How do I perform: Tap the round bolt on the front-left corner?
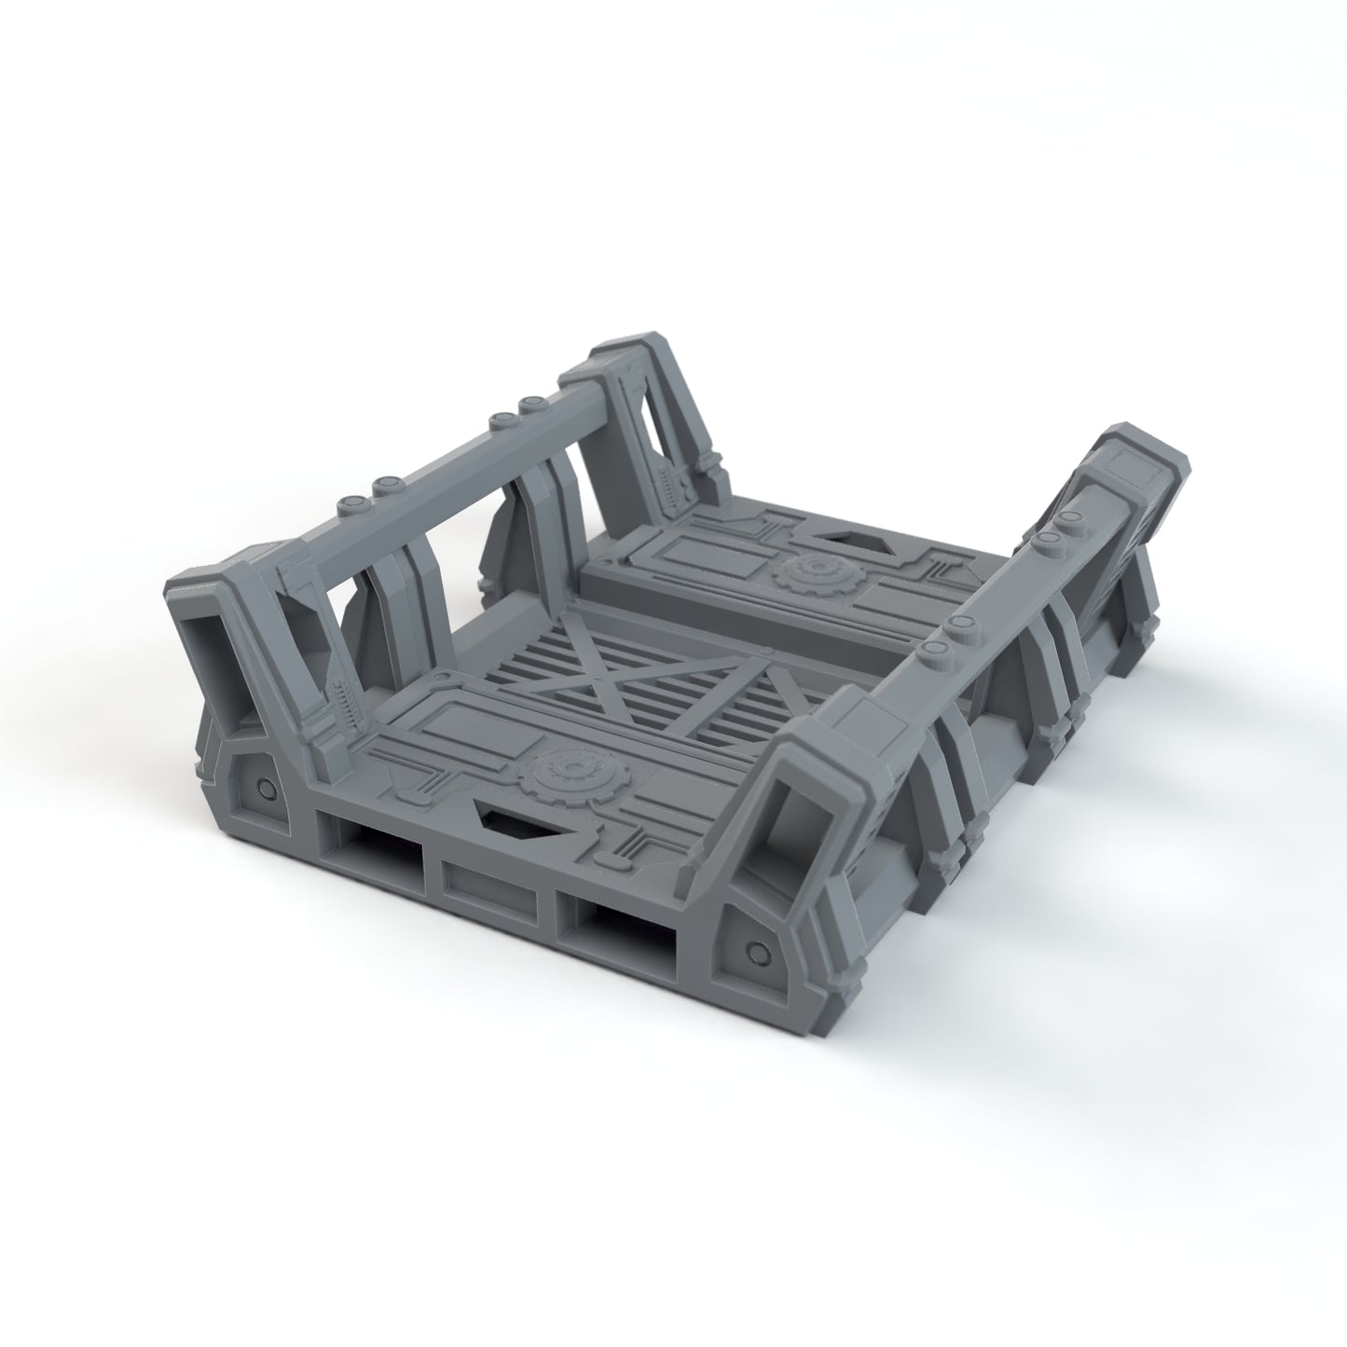pyautogui.click(x=267, y=789)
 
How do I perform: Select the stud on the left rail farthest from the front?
pyautogui.click(x=533, y=404)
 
